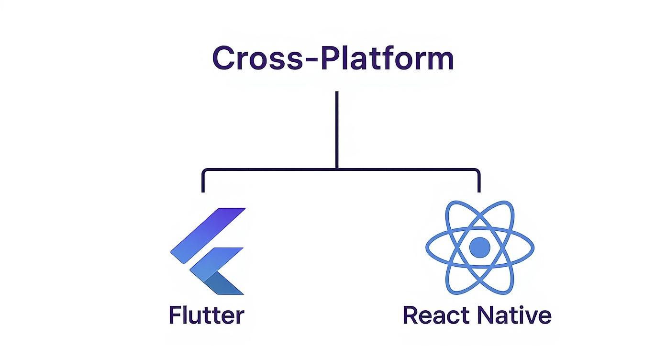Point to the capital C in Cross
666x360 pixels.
[223, 58]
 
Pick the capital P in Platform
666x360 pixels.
[330, 58]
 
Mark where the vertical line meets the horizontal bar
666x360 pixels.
[337, 169]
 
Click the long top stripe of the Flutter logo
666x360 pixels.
[208, 235]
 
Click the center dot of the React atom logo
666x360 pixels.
[479, 247]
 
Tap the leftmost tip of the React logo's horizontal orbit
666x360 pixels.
[427, 247]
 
